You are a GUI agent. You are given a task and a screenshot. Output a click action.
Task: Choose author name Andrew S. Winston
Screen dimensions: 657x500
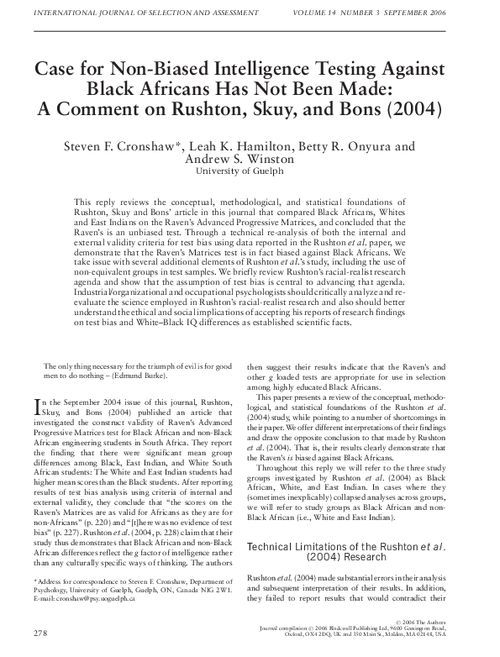pyautogui.click(x=250, y=160)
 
